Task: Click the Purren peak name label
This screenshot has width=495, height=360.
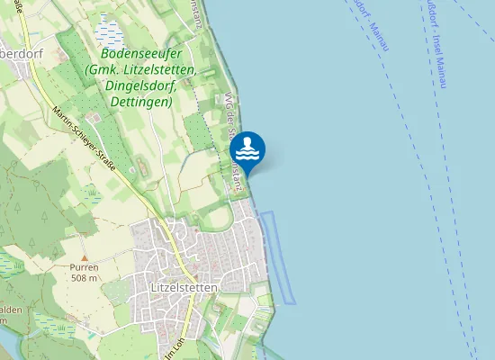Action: (84, 268)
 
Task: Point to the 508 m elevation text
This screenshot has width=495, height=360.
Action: (84, 278)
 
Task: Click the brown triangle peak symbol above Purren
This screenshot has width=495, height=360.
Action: (84, 258)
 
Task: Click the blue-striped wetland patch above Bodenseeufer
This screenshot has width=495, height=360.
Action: (111, 35)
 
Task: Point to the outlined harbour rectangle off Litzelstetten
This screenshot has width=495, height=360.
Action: (278, 256)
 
